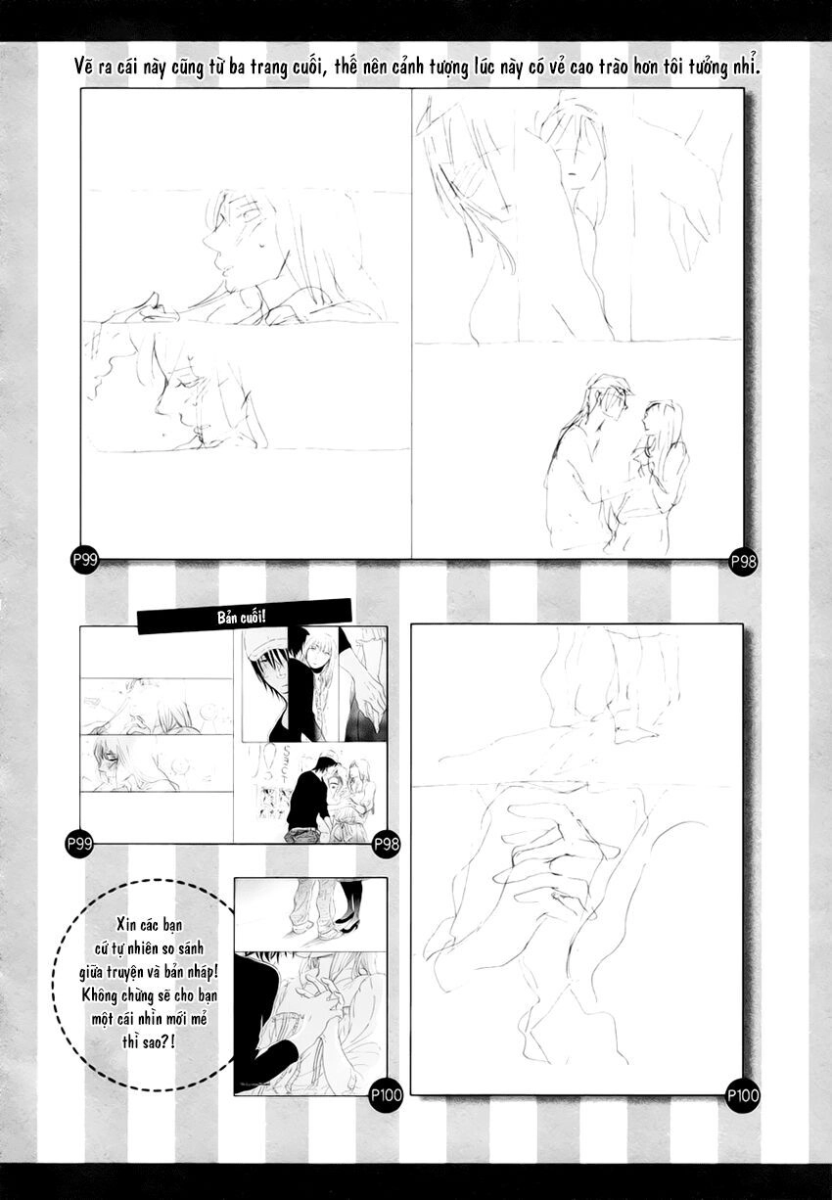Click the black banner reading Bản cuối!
coord(245,616)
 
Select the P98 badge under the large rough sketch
coord(744,561)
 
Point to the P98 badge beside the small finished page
coord(387,843)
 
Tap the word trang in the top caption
coord(361,68)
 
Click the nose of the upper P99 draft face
coord(208,239)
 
